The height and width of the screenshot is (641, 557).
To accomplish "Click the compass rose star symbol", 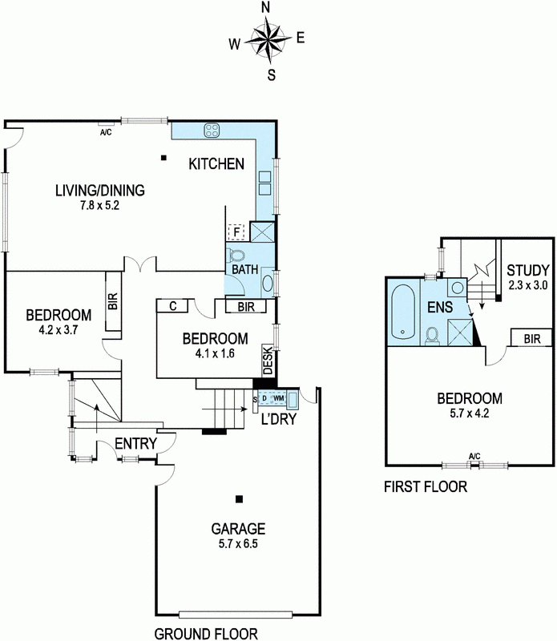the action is point(268,38).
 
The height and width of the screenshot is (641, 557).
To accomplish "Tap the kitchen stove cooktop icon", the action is point(212,131).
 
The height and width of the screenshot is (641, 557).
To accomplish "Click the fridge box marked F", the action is point(236,232).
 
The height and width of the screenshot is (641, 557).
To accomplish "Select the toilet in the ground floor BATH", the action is point(236,256).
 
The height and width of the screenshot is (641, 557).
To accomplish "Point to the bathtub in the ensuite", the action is point(403,312).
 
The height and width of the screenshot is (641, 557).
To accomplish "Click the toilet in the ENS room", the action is point(432,335).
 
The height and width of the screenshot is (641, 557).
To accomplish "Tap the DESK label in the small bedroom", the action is point(268,361).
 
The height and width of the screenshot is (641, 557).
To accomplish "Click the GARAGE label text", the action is point(238,529).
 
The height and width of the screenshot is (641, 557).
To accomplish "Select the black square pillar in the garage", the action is point(240,499).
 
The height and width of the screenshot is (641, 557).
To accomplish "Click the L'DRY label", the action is point(279,419).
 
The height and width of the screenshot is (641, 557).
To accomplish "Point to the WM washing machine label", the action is point(279,397).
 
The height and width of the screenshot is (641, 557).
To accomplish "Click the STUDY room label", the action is point(527,270).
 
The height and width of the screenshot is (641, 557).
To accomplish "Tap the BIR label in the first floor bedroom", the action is point(531,338).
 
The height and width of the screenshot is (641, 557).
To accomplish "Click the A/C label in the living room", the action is point(106,132).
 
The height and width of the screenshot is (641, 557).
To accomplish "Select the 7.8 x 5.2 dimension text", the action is point(100,205).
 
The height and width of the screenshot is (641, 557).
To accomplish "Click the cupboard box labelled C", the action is point(172,306).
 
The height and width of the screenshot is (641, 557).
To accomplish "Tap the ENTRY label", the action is point(135,444).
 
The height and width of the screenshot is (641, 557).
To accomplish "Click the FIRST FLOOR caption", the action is point(426,486).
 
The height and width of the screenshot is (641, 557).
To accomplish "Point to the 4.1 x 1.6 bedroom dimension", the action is point(215,353).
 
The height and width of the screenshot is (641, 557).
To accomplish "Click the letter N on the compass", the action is point(266,7).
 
